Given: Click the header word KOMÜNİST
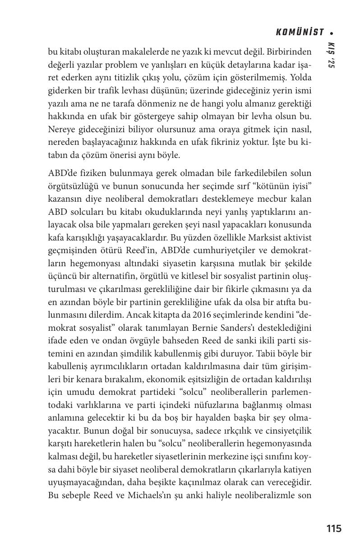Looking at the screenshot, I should [300, 32].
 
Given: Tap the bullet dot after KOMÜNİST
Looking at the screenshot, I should [332, 33].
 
